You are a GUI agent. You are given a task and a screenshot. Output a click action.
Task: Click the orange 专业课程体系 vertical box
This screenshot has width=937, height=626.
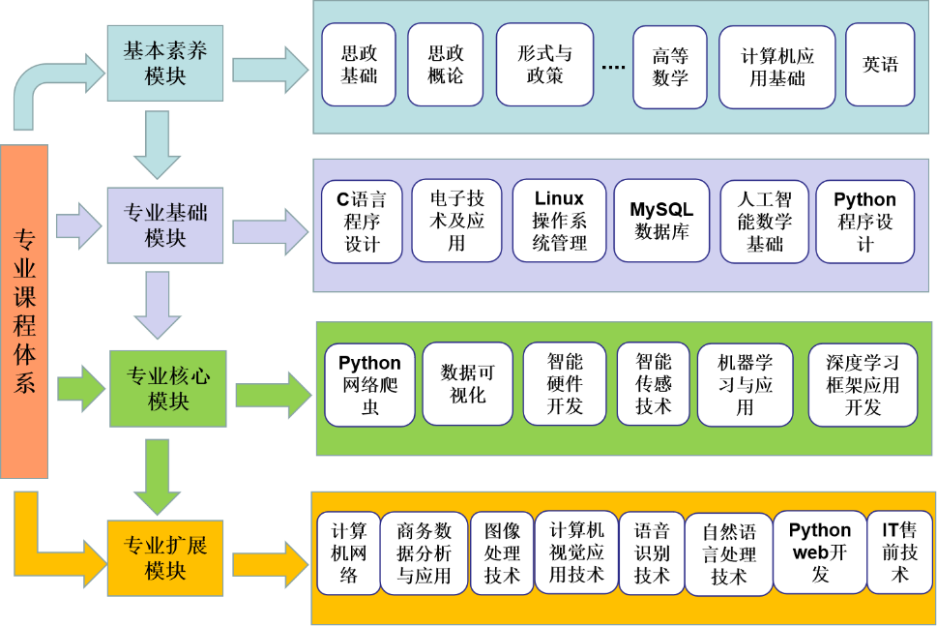pos(24,311)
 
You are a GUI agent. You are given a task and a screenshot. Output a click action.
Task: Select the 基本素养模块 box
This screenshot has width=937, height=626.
pos(165,64)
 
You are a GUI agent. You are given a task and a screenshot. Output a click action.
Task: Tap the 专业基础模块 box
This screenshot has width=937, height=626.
pos(165,224)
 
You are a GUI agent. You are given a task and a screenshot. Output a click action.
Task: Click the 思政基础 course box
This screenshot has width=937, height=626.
pos(359,64)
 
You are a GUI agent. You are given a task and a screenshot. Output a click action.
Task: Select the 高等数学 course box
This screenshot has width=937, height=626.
pos(670,67)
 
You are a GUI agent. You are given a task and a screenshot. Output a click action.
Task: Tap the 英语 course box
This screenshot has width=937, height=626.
pos(880,65)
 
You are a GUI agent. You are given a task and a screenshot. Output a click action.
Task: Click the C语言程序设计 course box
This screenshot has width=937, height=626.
pos(361,222)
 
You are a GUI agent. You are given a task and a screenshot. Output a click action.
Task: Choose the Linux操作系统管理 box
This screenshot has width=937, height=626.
pos(559,221)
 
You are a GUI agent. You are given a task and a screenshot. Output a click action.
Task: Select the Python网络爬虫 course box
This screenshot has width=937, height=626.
pos(369,384)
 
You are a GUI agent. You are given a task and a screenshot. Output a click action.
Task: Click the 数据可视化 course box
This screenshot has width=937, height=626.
pos(468,384)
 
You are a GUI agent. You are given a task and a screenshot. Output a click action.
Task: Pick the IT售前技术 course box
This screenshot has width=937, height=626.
pos(900,552)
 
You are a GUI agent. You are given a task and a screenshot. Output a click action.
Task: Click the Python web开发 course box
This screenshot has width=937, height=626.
pos(819,552)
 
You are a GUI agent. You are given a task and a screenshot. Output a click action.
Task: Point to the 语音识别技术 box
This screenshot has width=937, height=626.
pos(651,553)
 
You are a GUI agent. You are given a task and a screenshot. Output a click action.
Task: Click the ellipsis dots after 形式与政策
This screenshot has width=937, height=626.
pos(613,67)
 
